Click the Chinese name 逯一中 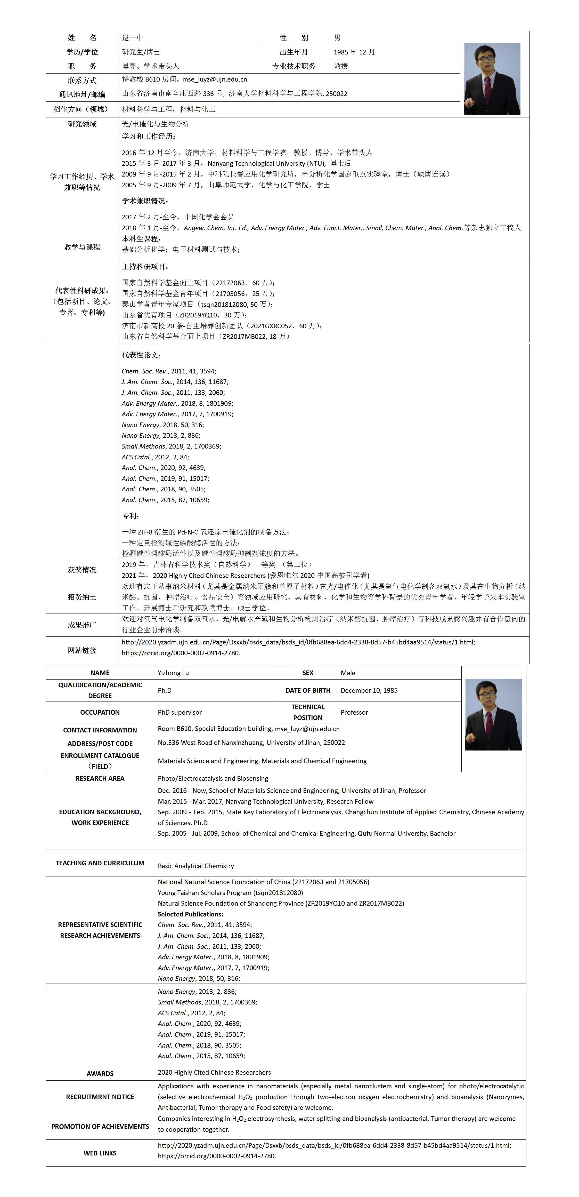132,38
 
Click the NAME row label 100,673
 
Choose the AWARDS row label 100,1073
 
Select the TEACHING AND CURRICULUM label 100,863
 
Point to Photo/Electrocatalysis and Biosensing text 213,778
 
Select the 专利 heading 131,516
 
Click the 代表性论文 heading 141,355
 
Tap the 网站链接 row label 82,651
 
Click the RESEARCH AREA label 100,778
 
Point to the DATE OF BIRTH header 308,690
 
